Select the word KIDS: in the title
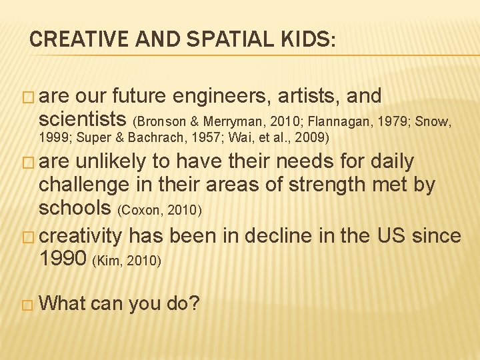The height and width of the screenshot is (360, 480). pyautogui.click(x=301, y=39)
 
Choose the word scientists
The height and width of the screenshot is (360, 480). pyautogui.click(x=83, y=119)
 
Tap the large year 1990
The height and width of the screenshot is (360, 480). pyautogui.click(x=63, y=258)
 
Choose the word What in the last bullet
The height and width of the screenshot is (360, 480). pyautogui.click(x=63, y=303)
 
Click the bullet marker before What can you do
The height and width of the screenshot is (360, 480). pyautogui.click(x=27, y=304)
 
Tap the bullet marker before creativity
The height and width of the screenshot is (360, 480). pyautogui.click(x=27, y=237)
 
